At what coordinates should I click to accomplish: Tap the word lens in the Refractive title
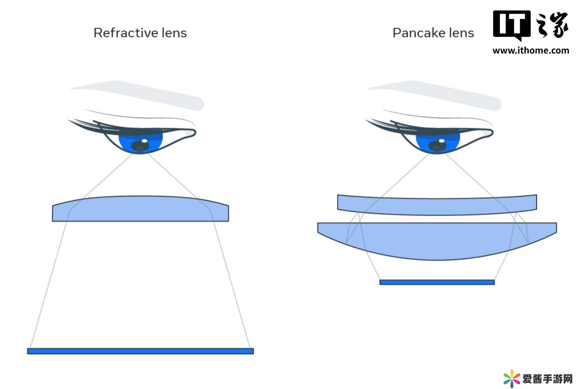click(174, 33)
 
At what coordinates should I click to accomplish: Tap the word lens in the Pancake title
click(462, 33)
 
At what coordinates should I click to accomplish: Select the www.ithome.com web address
click(531, 51)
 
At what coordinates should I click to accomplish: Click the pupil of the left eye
click(140, 145)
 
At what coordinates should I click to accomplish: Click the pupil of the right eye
click(437, 145)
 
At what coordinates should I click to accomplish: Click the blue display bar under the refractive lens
click(140, 351)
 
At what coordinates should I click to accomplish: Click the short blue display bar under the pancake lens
click(437, 282)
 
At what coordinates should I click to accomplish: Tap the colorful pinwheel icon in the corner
click(512, 379)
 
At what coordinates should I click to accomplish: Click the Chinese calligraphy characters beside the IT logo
click(552, 24)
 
